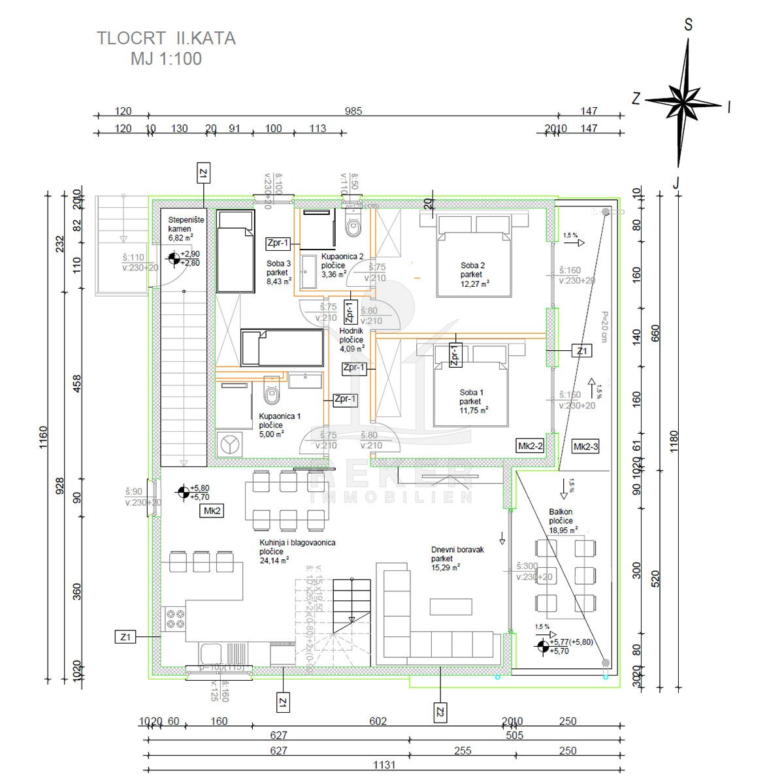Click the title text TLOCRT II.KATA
pos(167,39)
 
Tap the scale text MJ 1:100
pos(167,59)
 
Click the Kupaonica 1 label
pos(280,424)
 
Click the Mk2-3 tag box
pos(585,447)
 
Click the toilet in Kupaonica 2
pos(353,226)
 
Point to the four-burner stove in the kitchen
pos(174,618)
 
